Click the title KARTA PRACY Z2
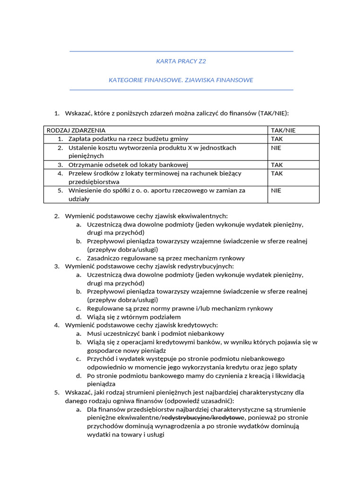tap(181, 61)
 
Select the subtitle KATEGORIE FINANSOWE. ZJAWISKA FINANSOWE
tap(181, 80)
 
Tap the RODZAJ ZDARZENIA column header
tap(76, 130)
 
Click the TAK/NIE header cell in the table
tap(284, 130)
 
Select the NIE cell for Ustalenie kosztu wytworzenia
tap(276, 148)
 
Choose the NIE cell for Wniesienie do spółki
tap(276, 191)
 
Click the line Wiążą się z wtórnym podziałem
tap(134, 317)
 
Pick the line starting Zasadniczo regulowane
tap(166, 258)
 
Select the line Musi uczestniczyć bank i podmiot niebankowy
tap(149, 333)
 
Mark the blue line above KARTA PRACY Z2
tap(181, 51)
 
